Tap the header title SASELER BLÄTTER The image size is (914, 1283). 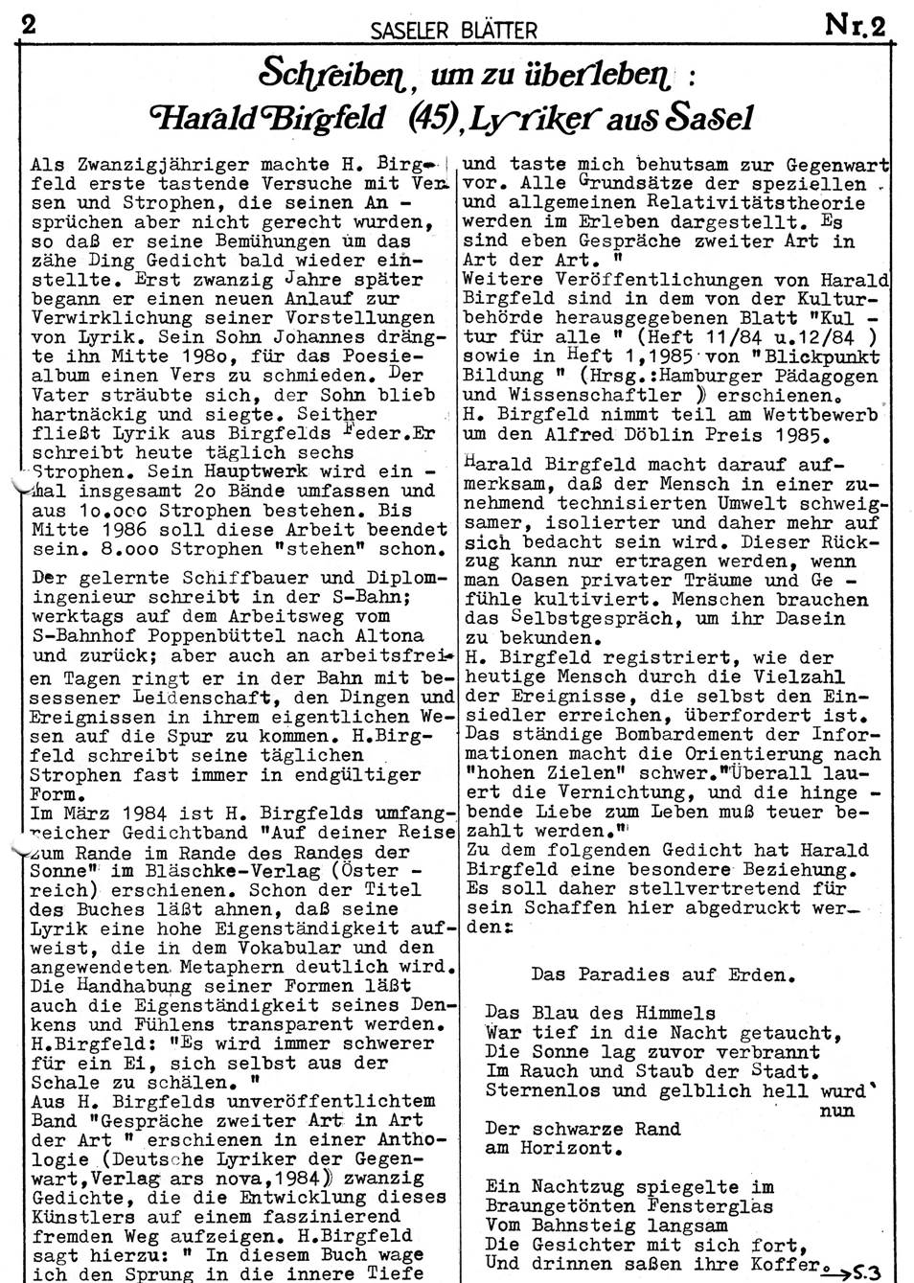click(x=453, y=31)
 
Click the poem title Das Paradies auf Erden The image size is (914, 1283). click(x=662, y=975)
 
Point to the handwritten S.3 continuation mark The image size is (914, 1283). click(x=861, y=1272)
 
